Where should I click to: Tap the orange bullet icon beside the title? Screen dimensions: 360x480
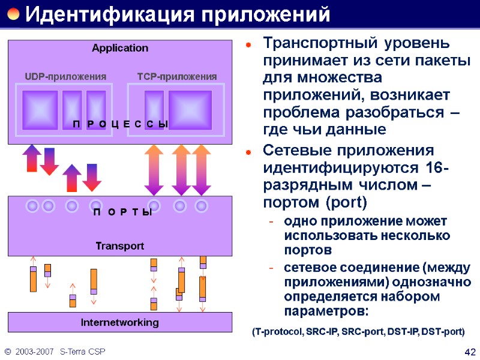(x=13, y=14)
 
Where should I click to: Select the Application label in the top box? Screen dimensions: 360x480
(x=120, y=48)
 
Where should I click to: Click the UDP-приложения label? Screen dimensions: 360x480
(x=65, y=77)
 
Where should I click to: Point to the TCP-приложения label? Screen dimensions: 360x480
(x=177, y=77)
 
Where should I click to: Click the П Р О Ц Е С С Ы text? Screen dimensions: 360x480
(x=120, y=124)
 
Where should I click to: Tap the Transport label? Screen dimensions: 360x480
(x=120, y=246)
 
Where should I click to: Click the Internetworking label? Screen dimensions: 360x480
(x=120, y=323)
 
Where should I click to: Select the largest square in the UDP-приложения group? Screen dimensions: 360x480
(x=40, y=110)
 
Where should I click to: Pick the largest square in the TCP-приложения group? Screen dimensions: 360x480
(x=190, y=110)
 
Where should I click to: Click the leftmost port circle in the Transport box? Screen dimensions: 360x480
(x=33, y=206)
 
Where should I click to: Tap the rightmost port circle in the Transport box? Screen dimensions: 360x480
(x=202, y=206)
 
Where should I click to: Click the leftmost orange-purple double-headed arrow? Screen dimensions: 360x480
(x=154, y=169)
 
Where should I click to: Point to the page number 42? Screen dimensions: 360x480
(x=470, y=352)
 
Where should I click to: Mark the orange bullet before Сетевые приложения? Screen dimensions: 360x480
(x=248, y=150)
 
